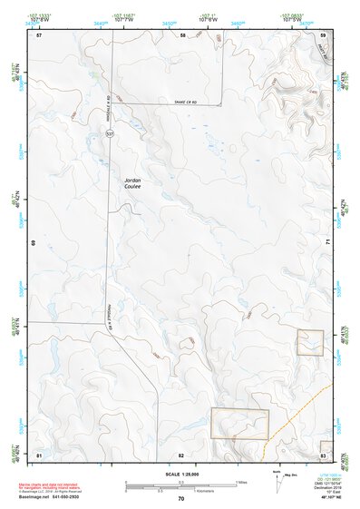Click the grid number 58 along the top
click(181, 34)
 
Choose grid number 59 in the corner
click(322, 34)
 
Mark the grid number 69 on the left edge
click(34, 243)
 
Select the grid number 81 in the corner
click(39, 454)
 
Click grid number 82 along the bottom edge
click(181, 454)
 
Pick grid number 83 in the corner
click(322, 454)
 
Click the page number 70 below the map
click(180, 499)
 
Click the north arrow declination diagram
click(279, 484)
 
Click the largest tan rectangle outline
click(239, 424)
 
